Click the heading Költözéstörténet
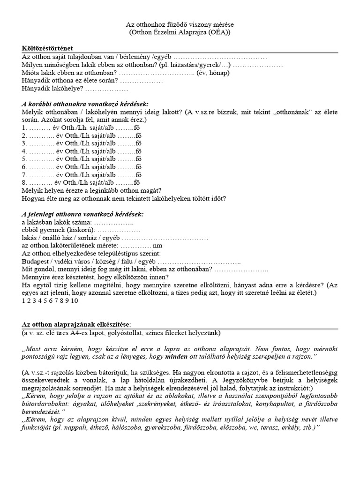47,48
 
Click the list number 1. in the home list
24,127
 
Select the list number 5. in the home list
24,158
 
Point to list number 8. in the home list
24,182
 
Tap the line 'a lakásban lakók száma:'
56,222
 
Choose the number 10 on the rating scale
75,301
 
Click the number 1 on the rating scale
23,301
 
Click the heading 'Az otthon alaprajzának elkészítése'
77,325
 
